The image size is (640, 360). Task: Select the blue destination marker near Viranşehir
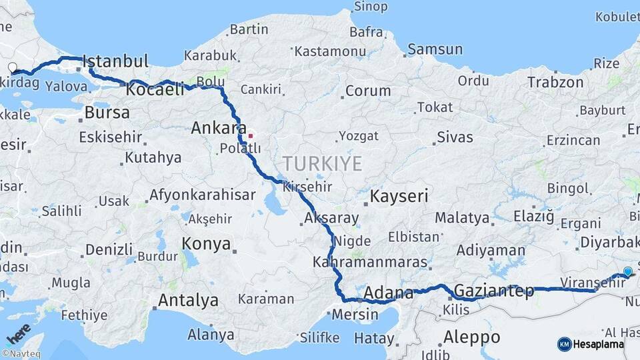[x=627, y=271]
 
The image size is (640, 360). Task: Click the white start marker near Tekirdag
[x=12, y=67]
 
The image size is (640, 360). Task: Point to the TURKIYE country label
[x=322, y=163]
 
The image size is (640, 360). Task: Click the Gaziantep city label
[x=493, y=291]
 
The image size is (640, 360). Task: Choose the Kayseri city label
[x=399, y=196]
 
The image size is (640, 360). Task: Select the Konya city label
[x=206, y=243]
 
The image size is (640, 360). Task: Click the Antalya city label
[x=188, y=300]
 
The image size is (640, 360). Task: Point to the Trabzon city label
[x=555, y=83]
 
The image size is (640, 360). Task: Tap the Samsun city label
[x=435, y=49]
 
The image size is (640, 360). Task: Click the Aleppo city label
[x=471, y=336]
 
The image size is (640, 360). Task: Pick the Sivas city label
[x=455, y=137]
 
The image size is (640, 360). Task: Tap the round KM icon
[x=564, y=344]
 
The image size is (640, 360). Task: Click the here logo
[x=19, y=332]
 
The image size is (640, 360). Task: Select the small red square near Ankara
[x=250, y=136]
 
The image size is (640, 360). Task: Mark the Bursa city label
[x=107, y=112]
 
